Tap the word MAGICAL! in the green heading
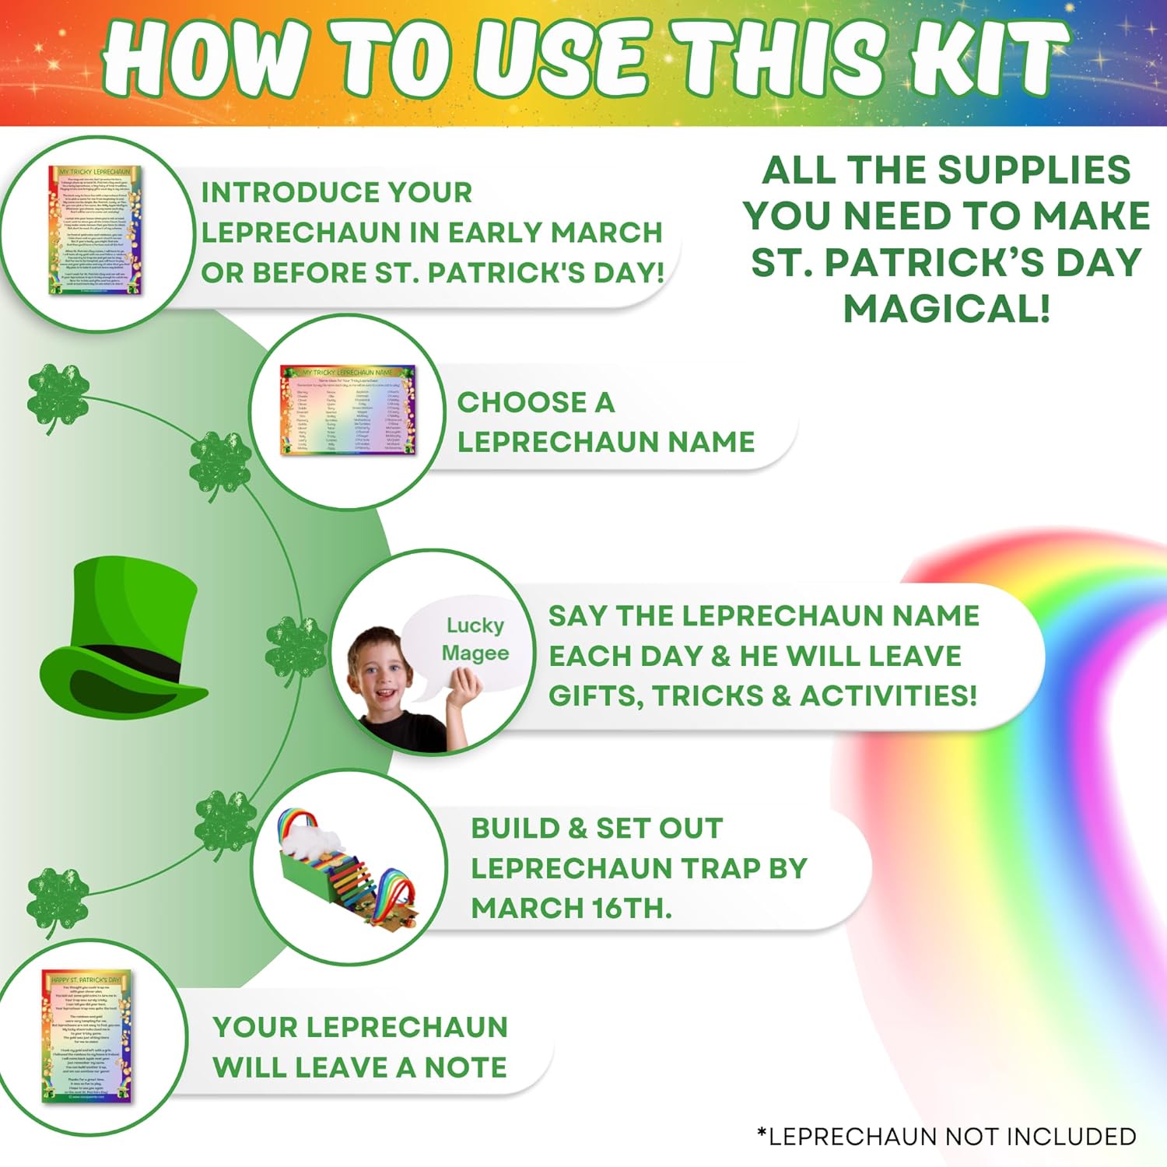[947, 309]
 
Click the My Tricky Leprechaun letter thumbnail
[96, 230]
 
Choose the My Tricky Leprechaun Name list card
[348, 410]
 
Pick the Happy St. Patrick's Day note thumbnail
[87, 1036]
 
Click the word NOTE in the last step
[465, 1067]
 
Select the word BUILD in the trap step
[515, 828]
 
